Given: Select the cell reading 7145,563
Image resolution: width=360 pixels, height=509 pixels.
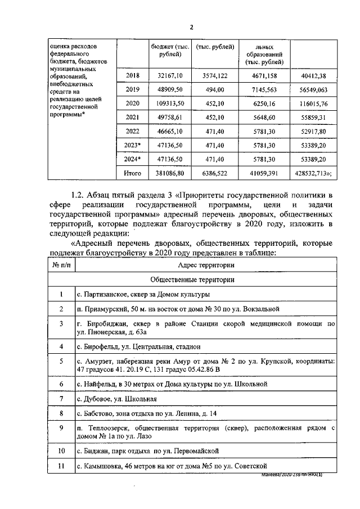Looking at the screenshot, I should (264, 89).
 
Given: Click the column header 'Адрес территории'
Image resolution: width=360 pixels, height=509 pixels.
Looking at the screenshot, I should (205, 264).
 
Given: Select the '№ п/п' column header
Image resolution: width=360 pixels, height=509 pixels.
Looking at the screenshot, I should (61, 264).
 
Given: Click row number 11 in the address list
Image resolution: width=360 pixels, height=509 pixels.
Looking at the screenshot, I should (61, 466).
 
